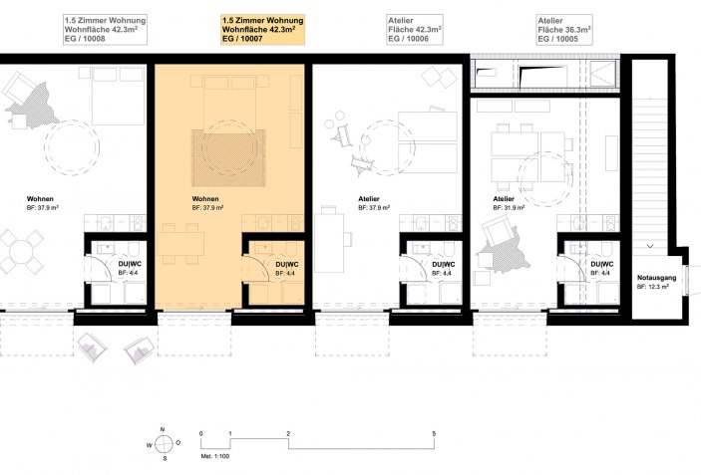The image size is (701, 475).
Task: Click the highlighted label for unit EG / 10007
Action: [263, 30]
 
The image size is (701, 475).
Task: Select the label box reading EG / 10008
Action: [105, 30]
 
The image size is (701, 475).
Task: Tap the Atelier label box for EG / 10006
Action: [415, 30]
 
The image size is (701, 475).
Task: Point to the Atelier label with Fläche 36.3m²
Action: [564, 30]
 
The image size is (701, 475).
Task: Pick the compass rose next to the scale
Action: [164, 444]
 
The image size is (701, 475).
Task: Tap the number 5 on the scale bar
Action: [434, 433]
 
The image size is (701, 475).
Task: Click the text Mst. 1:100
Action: [215, 456]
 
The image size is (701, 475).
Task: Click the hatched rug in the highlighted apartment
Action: [228, 157]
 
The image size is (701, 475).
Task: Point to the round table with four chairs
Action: [21, 251]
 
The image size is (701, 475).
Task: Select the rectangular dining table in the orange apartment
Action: [180, 244]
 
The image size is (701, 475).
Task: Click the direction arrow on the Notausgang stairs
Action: [650, 246]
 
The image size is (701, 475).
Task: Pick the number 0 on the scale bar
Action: [201, 433]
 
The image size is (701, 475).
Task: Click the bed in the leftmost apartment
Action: [119, 96]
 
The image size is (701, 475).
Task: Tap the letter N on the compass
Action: [163, 429]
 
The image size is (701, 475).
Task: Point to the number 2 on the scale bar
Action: [288, 433]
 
